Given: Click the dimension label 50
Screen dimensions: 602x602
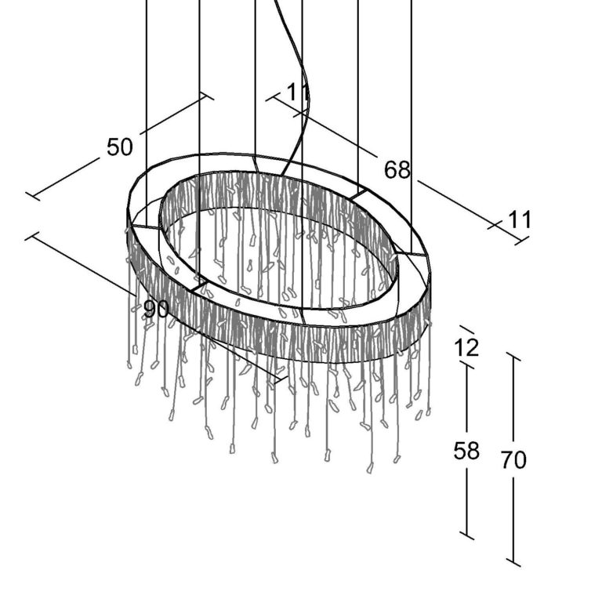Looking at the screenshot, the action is (120, 147).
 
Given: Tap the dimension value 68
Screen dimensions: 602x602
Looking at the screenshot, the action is (397, 169).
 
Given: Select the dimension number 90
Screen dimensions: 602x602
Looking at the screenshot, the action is (156, 309).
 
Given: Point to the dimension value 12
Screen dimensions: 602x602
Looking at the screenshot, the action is (466, 348).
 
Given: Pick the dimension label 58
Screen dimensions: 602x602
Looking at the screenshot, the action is (466, 451).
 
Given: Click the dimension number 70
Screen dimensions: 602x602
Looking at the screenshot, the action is (513, 459).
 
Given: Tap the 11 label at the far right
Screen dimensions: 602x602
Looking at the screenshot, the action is (520, 220).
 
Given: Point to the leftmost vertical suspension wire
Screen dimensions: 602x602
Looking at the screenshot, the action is (147, 113).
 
